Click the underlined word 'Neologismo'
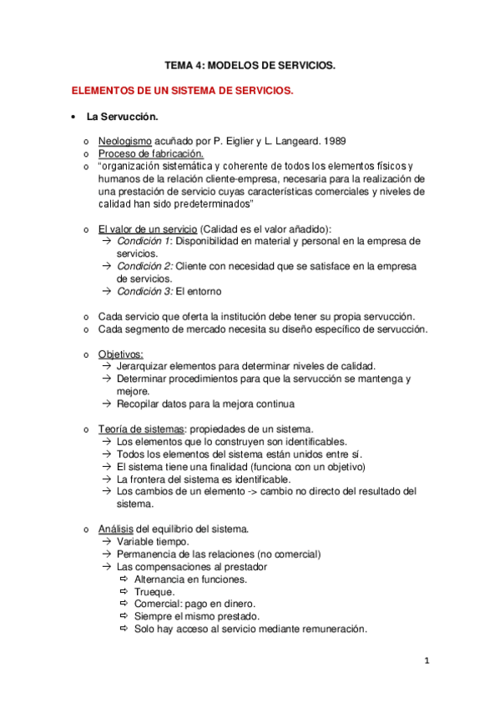(x=124, y=141)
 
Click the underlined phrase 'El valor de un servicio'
(x=147, y=229)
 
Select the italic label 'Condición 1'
(x=144, y=242)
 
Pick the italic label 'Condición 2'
(x=144, y=267)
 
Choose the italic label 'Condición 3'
(x=144, y=292)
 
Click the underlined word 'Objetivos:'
(x=120, y=353)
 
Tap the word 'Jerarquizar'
(x=143, y=366)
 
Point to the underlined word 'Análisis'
(x=115, y=529)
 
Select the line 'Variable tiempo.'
(x=153, y=541)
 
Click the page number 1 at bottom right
(x=427, y=662)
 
